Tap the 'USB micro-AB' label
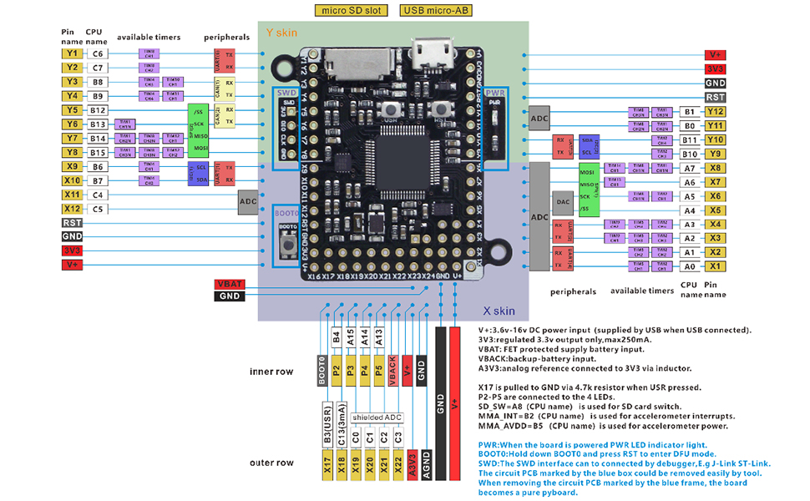435,11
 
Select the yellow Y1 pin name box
71,53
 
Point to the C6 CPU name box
98,53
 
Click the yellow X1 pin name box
714,266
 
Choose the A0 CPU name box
689,266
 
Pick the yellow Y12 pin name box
714,111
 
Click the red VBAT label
228,284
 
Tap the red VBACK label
392,368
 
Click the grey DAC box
563,203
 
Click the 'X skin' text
499,311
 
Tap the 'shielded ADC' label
377,417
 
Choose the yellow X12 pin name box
71,209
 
